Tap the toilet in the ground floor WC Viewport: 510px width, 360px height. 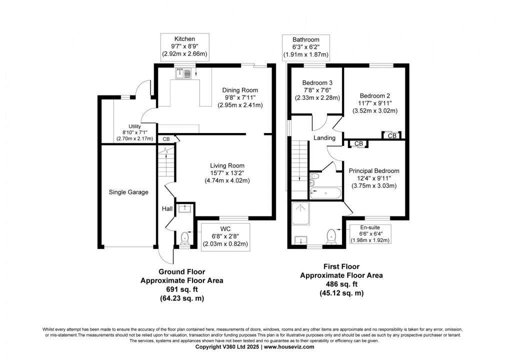pos(185,237)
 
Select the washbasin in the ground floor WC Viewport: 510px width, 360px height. pos(184,208)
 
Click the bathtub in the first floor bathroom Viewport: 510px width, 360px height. pos(325,193)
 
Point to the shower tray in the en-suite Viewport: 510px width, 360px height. pos(300,213)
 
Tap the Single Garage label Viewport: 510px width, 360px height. pos(128,192)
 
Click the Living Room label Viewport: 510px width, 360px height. pos(227,165)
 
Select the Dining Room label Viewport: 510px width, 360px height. pos(240,90)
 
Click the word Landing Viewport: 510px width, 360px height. pos(324,138)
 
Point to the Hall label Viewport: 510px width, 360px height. pos(167,209)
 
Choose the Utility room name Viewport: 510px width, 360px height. pos(134,126)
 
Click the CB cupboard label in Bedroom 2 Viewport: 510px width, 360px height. pos(392,135)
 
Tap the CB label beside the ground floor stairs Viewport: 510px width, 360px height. pos(166,139)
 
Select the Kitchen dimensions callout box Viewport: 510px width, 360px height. pos(184,47)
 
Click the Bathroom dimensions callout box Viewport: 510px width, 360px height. pos(305,47)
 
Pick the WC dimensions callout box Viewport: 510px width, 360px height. pos(225,236)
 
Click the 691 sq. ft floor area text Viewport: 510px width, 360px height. pos(182,289)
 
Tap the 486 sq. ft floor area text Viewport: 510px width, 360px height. pos(341,284)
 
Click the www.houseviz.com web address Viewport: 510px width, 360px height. pos(289,347)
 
